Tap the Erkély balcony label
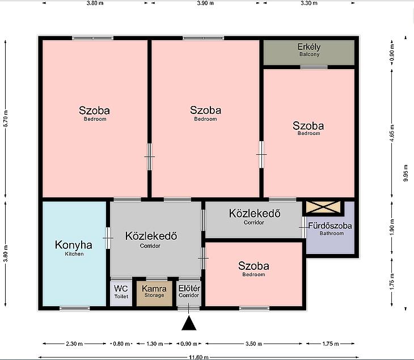(x=309, y=50)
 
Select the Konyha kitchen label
(x=74, y=248)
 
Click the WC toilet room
(x=121, y=292)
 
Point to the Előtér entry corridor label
(x=189, y=291)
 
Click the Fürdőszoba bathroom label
(x=330, y=229)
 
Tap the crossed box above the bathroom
(x=323, y=207)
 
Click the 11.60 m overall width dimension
(x=198, y=357)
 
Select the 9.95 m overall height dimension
(x=406, y=173)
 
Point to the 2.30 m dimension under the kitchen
(x=74, y=344)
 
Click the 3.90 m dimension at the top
(x=205, y=3)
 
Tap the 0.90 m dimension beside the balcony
(x=392, y=52)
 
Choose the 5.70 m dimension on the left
(x=6, y=118)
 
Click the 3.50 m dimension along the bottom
(x=254, y=344)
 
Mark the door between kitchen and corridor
(x=108, y=238)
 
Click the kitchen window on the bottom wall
(x=74, y=308)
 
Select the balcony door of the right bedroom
(x=314, y=67)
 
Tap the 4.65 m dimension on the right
(x=392, y=133)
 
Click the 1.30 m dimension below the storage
(x=154, y=344)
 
